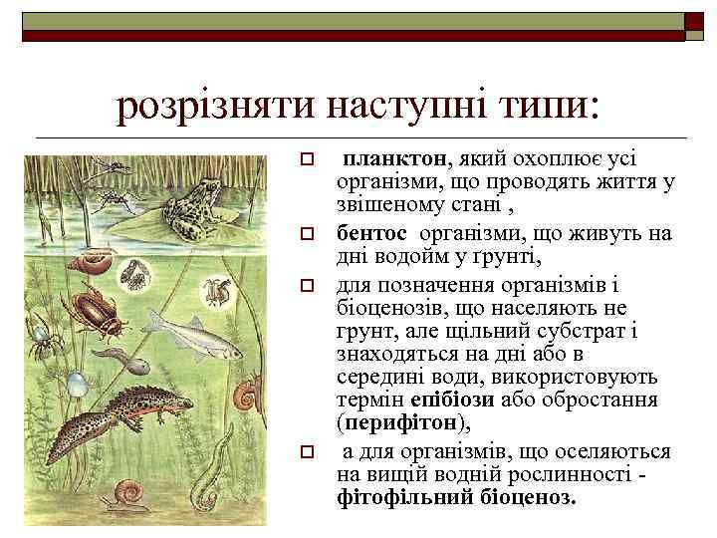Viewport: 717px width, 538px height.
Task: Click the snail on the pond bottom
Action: tap(129, 494)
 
